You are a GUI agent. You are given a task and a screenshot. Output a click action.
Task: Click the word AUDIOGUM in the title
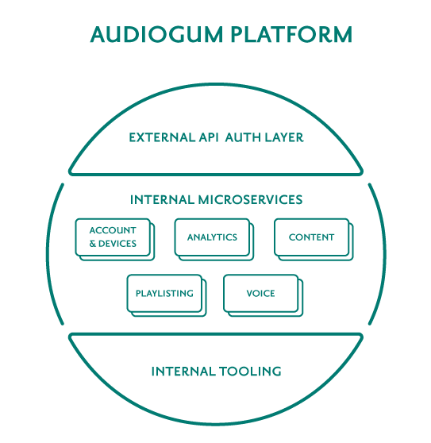[x=156, y=34]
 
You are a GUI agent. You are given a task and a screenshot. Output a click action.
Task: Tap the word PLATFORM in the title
[x=291, y=34]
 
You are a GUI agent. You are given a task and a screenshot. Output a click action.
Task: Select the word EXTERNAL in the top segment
[x=162, y=137]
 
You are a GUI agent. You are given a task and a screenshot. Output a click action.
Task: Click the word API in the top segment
[x=209, y=137]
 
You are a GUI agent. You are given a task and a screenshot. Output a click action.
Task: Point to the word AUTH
[x=243, y=137]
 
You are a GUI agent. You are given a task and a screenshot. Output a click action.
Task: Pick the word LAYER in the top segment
[x=284, y=137]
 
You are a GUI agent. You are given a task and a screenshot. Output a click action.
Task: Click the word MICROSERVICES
[x=250, y=200]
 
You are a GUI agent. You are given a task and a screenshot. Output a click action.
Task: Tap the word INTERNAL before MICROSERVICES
[x=162, y=200]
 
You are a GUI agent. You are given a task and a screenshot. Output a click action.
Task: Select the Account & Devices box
[x=115, y=239]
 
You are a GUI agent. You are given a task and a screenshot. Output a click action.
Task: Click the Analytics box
[x=214, y=239]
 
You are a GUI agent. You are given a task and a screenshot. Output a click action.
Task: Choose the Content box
[x=314, y=239]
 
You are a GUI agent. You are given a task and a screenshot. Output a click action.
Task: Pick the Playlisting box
[x=167, y=295]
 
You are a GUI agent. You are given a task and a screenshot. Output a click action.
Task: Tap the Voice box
[x=264, y=295]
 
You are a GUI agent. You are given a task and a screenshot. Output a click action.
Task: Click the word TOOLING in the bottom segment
[x=250, y=372]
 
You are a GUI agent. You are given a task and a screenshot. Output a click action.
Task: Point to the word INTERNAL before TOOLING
[x=183, y=372]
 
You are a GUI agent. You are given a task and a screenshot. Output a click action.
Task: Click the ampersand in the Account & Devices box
[x=93, y=244]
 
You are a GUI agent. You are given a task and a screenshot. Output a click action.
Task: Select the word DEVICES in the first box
[x=117, y=244]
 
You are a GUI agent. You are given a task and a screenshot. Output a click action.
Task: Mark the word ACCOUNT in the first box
[x=113, y=230]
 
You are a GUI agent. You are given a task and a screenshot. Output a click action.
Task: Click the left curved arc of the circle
[x=48, y=254]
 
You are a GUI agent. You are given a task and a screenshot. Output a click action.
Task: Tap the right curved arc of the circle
[x=385, y=254]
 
